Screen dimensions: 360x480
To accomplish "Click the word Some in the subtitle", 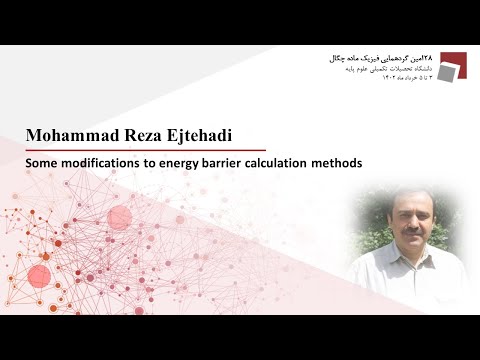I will click(x=44, y=161).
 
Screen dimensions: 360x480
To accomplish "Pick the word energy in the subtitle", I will click(x=185, y=161).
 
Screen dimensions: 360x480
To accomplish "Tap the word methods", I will click(x=341, y=161).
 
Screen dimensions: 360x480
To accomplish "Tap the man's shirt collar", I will click(x=395, y=262).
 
